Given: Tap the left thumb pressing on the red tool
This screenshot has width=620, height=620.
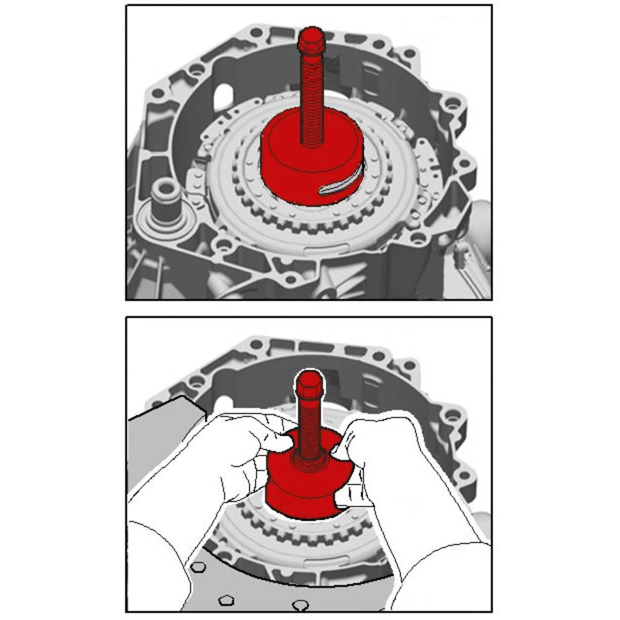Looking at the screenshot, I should (x=277, y=441).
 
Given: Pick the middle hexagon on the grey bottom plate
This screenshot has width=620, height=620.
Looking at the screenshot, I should (x=227, y=600).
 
